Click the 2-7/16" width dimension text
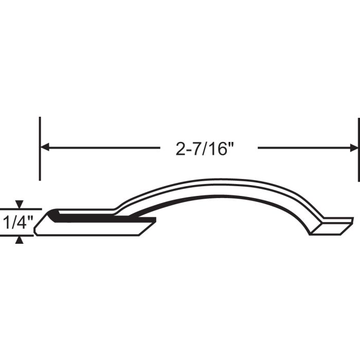pyautogui.click(x=205, y=149)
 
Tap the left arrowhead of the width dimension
pyautogui.click(x=45, y=148)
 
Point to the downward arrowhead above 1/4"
pyautogui.click(x=20, y=205)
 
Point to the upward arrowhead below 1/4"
pyautogui.click(x=20, y=240)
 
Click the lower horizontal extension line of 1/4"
pyautogui.click(x=18, y=236)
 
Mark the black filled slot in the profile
pyautogui.click(x=103, y=219)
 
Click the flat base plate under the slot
pyautogui.click(x=93, y=229)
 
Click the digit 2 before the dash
pyautogui.click(x=180, y=149)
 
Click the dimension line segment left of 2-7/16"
pyautogui.click(x=103, y=148)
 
